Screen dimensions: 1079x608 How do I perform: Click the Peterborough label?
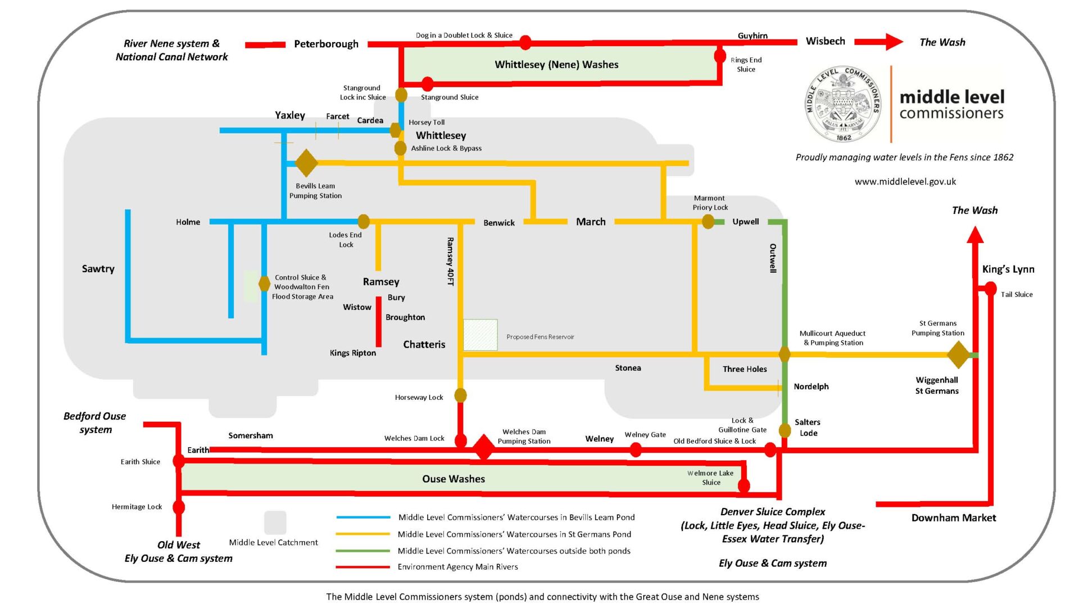[x=326, y=44]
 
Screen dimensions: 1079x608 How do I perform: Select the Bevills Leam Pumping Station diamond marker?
[x=306, y=163]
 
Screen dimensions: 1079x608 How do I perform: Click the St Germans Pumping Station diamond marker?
[x=959, y=355]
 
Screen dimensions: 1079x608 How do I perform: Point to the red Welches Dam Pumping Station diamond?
[x=483, y=448]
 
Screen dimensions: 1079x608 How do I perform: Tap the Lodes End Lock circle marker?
[x=364, y=221]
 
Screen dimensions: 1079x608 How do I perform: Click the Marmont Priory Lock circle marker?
[x=708, y=222]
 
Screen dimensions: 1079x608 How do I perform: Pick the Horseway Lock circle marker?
[x=460, y=395]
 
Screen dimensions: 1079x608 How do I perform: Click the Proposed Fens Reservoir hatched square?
[x=480, y=335]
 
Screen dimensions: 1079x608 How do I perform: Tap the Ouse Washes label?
[x=454, y=479]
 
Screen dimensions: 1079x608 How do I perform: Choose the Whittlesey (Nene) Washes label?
[x=556, y=65]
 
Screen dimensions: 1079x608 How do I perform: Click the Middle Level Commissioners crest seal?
[x=843, y=104]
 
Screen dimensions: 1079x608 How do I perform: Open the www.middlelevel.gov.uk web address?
[x=905, y=182]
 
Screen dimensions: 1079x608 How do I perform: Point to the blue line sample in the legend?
[x=363, y=517]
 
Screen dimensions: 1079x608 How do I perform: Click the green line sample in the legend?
[x=363, y=551]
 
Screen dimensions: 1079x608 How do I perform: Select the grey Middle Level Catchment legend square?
[x=275, y=523]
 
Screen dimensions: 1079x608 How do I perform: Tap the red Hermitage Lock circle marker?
[x=179, y=507]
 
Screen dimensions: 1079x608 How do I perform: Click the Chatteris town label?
[x=424, y=344]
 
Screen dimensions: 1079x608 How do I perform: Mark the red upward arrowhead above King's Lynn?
[x=975, y=235]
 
